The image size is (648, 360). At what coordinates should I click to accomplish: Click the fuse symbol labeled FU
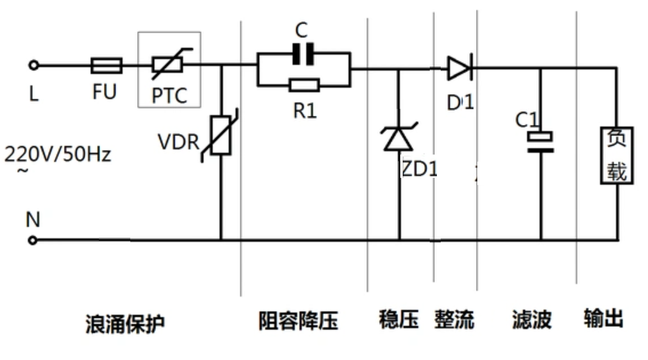(106, 66)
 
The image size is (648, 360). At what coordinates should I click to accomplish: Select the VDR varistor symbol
(221, 135)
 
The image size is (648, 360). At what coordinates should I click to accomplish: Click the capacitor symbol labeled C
(303, 54)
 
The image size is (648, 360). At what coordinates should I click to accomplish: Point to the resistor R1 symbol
(304, 86)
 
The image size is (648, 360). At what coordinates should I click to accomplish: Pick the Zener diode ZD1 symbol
(398, 138)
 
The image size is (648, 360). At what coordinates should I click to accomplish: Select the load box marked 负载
(617, 155)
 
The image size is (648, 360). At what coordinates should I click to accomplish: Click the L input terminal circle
(33, 66)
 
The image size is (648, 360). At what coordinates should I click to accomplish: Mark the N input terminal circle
(32, 241)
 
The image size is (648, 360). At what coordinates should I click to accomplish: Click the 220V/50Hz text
(58, 155)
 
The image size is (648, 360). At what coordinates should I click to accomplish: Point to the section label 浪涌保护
(125, 323)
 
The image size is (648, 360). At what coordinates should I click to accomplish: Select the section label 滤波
(532, 320)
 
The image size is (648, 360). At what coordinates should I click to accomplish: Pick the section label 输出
(603, 318)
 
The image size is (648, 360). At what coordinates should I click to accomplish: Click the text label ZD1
(419, 169)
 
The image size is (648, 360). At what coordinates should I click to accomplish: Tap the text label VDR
(178, 142)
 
